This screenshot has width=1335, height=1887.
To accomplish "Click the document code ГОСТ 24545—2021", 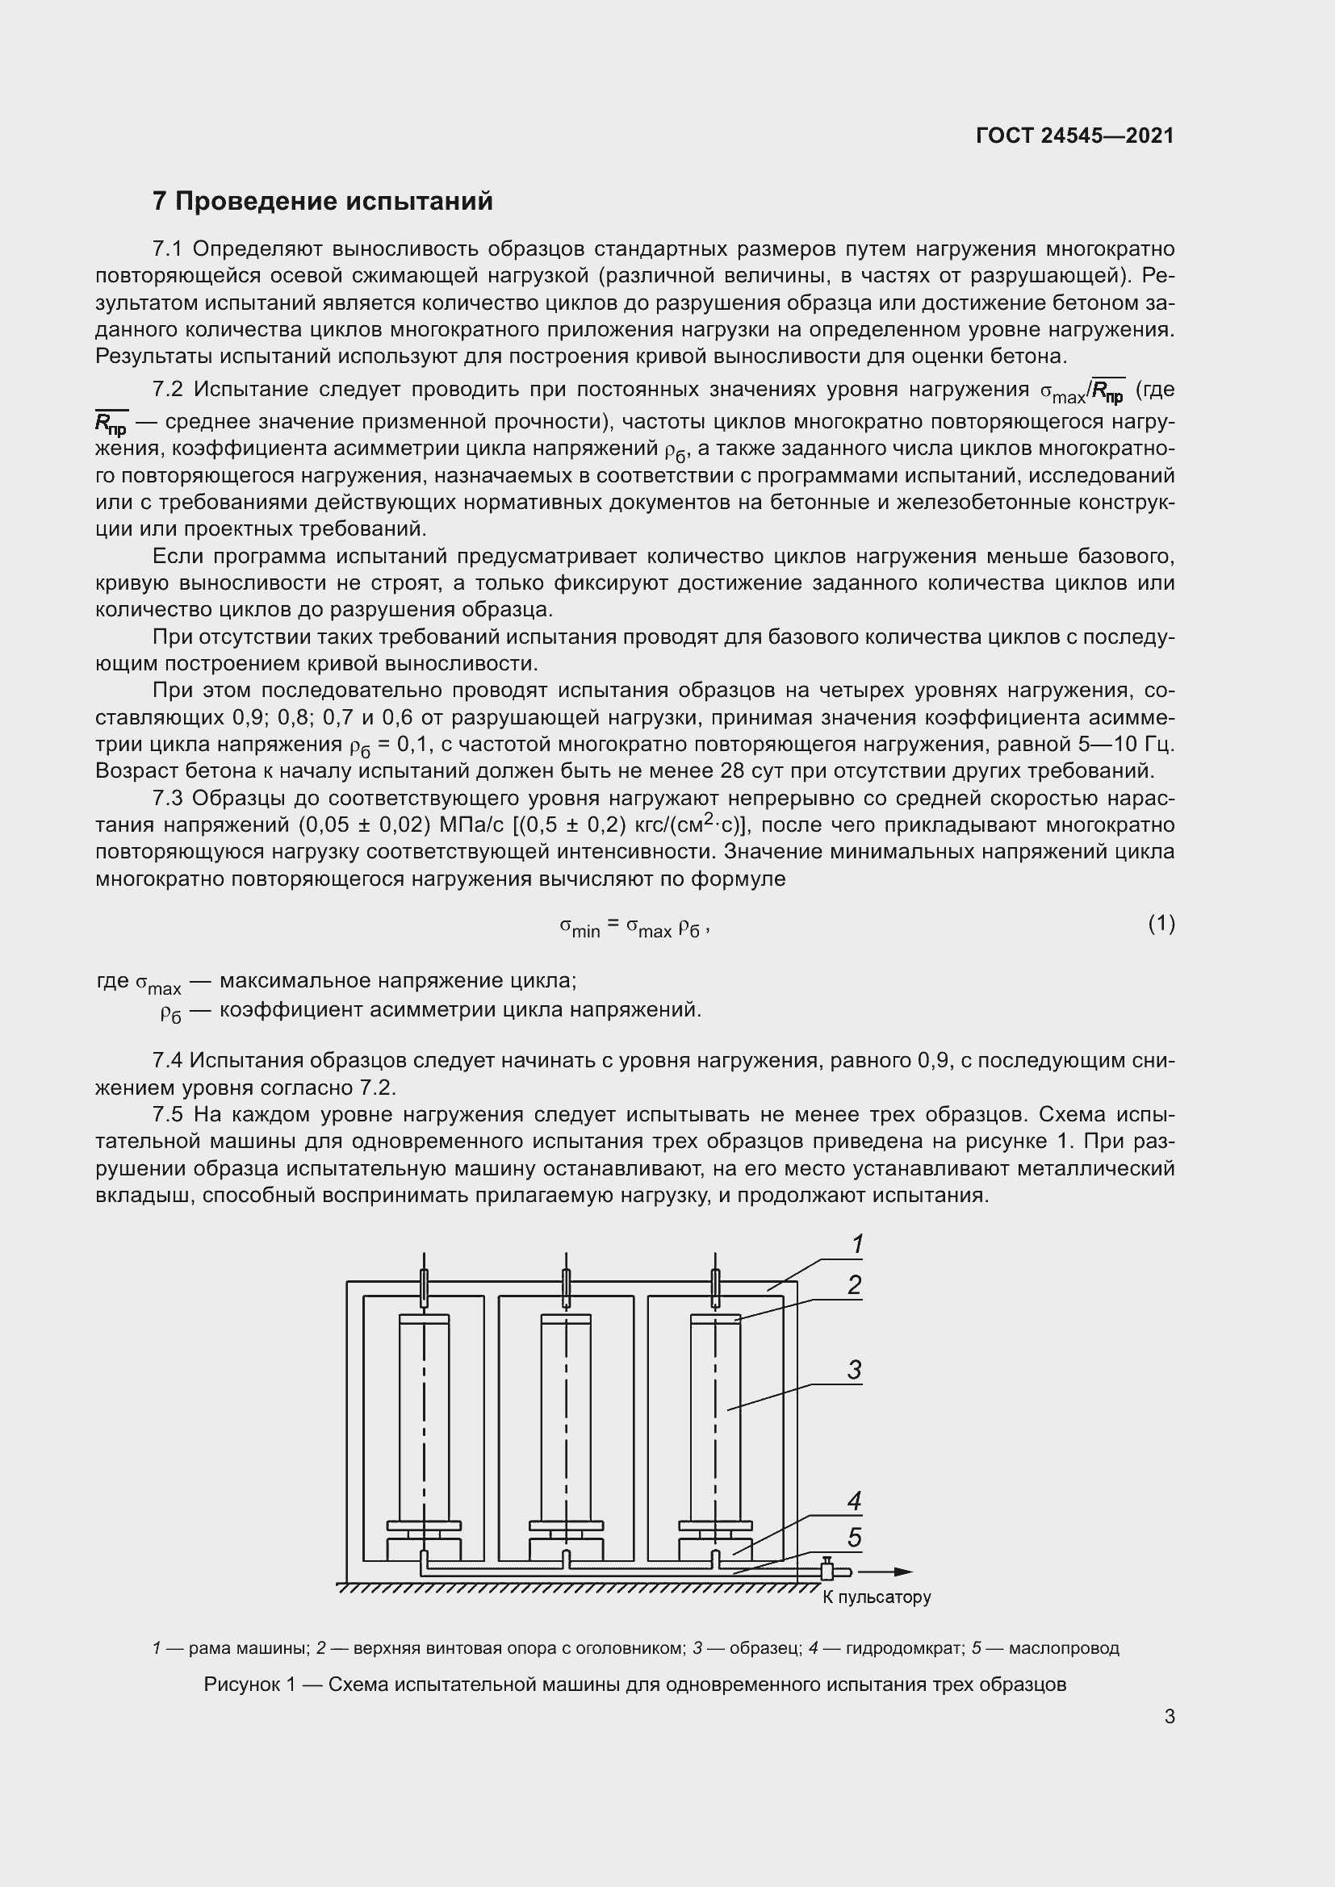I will tap(1074, 136).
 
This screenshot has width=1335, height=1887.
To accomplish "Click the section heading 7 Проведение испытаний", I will tap(322, 202).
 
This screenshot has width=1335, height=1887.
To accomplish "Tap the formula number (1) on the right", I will tap(1161, 924).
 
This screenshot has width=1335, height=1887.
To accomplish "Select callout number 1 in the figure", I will tap(856, 1245).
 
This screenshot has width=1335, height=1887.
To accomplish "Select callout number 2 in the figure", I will tap(855, 1285).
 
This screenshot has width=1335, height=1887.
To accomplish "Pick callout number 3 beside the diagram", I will tap(855, 1370).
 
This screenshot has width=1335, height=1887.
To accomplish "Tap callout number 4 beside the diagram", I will tap(855, 1501).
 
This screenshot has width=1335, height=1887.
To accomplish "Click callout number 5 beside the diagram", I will tap(855, 1538).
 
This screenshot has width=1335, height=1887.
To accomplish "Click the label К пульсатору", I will tap(877, 1597).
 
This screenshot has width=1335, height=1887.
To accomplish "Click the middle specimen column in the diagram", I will tap(566, 1417).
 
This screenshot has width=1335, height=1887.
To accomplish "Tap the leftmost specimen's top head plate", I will tap(425, 1319).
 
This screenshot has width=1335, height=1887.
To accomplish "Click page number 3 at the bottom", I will tap(1169, 1716).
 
